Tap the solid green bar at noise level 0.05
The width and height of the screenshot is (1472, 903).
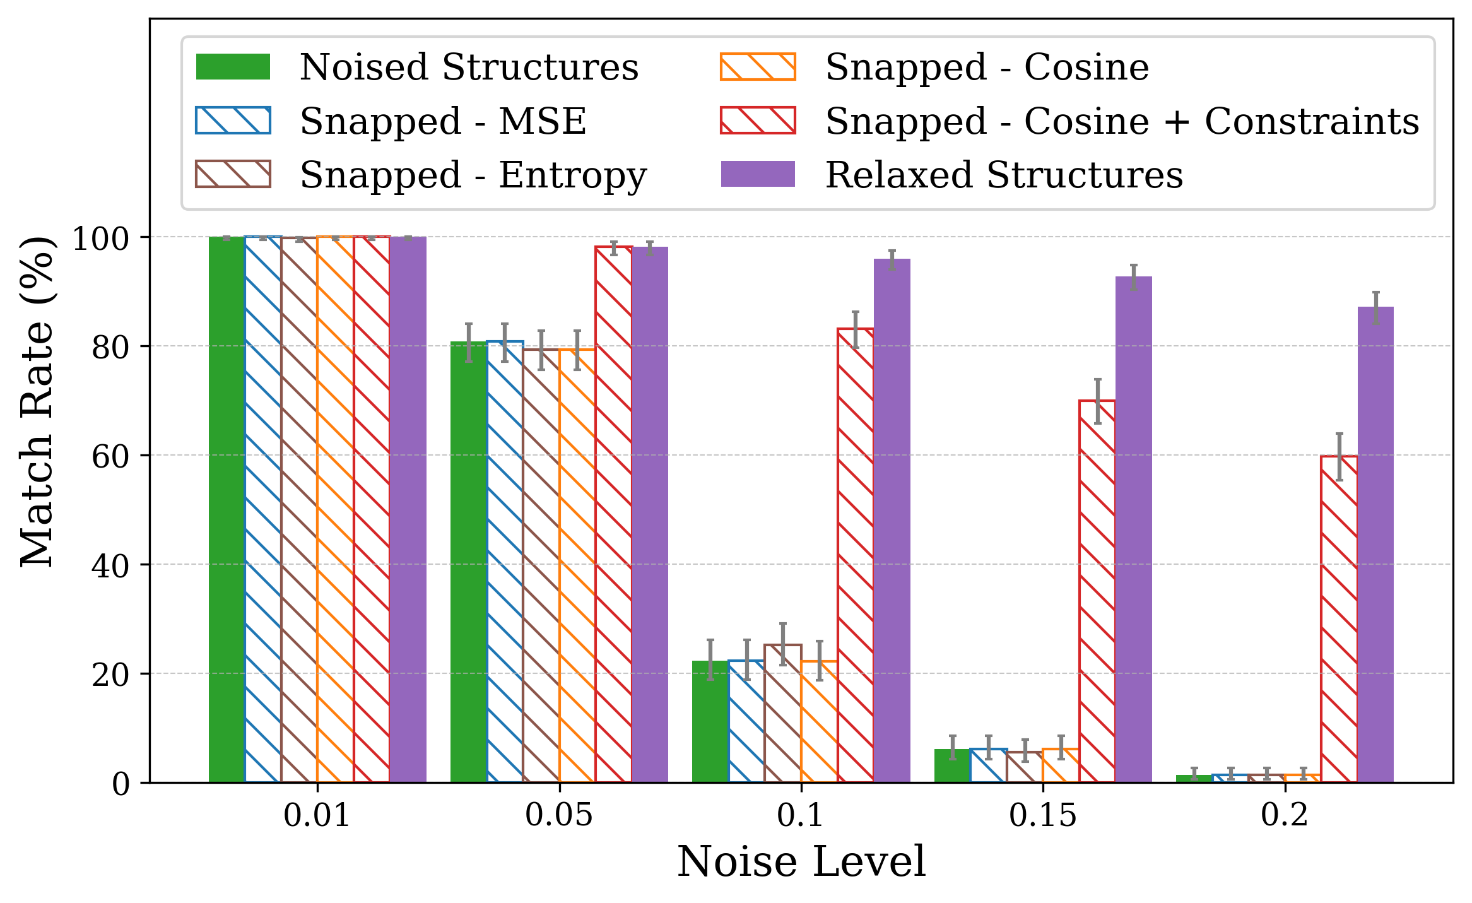468,562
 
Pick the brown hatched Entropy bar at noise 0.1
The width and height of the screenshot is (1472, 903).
783,714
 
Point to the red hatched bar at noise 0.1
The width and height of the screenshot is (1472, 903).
856,555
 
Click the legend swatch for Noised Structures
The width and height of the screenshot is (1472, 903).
233,67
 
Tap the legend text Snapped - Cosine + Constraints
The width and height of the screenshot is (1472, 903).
1122,121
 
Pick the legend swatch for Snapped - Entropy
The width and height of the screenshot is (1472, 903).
233,175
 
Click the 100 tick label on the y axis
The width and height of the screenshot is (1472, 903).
101,239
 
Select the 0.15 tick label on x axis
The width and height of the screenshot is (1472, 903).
1042,815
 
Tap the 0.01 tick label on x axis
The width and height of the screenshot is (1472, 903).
317,815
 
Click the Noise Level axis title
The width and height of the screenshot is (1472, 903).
801,862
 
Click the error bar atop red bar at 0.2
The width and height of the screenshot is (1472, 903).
1339,457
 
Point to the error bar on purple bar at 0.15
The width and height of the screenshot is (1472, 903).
1134,277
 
